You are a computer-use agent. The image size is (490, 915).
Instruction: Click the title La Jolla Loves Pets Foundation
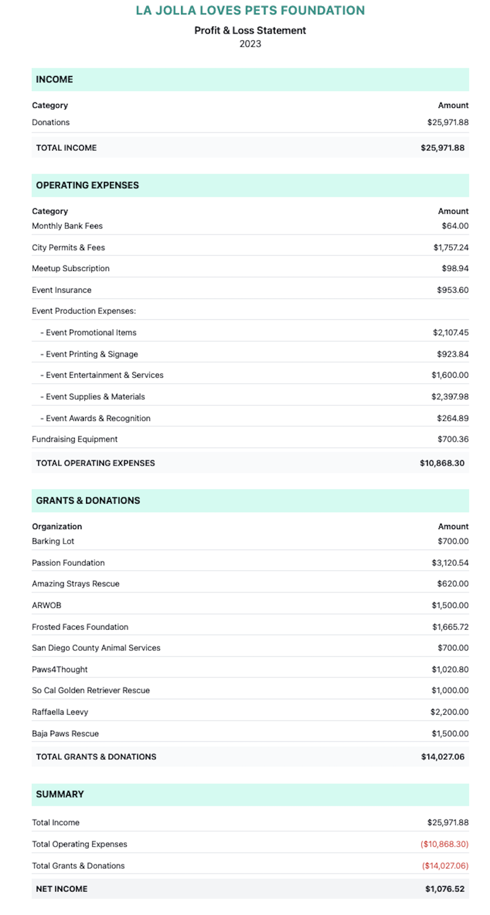pyautogui.click(x=250, y=10)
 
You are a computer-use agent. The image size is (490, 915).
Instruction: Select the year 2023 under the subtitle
pyautogui.click(x=250, y=44)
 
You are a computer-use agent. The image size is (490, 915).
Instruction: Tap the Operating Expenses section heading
pyautogui.click(x=87, y=185)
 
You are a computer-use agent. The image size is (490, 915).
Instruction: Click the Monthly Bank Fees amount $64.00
pyautogui.click(x=455, y=226)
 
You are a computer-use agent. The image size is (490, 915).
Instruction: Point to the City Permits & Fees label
pyautogui.click(x=68, y=247)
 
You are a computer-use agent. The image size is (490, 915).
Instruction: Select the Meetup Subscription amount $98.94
pyautogui.click(x=455, y=268)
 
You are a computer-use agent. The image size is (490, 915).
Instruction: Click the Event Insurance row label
pyautogui.click(x=62, y=290)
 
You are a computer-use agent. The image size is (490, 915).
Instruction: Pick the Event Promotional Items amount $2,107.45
pyautogui.click(x=450, y=332)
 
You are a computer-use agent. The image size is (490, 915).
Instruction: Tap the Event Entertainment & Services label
pyautogui.click(x=104, y=375)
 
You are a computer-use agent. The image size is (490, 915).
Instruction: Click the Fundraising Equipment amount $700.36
pyautogui.click(x=453, y=439)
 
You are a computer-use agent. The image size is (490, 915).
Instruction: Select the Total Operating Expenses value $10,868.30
pyautogui.click(x=442, y=463)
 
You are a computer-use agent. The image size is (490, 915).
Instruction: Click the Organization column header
pyautogui.click(x=57, y=526)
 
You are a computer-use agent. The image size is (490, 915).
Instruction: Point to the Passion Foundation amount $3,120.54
pyautogui.click(x=450, y=562)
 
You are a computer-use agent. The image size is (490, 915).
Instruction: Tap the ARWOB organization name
pyautogui.click(x=47, y=605)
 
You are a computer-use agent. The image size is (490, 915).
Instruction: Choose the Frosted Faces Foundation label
pyautogui.click(x=80, y=627)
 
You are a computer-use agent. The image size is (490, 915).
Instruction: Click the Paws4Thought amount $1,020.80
pyautogui.click(x=450, y=669)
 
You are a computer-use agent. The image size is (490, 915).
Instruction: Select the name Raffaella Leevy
pyautogui.click(x=60, y=712)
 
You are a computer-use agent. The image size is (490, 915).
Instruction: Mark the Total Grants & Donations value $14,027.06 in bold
pyautogui.click(x=442, y=756)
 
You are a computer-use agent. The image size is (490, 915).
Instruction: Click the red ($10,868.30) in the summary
pyautogui.click(x=444, y=844)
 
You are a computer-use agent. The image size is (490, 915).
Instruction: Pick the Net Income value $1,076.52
pyautogui.click(x=444, y=889)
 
